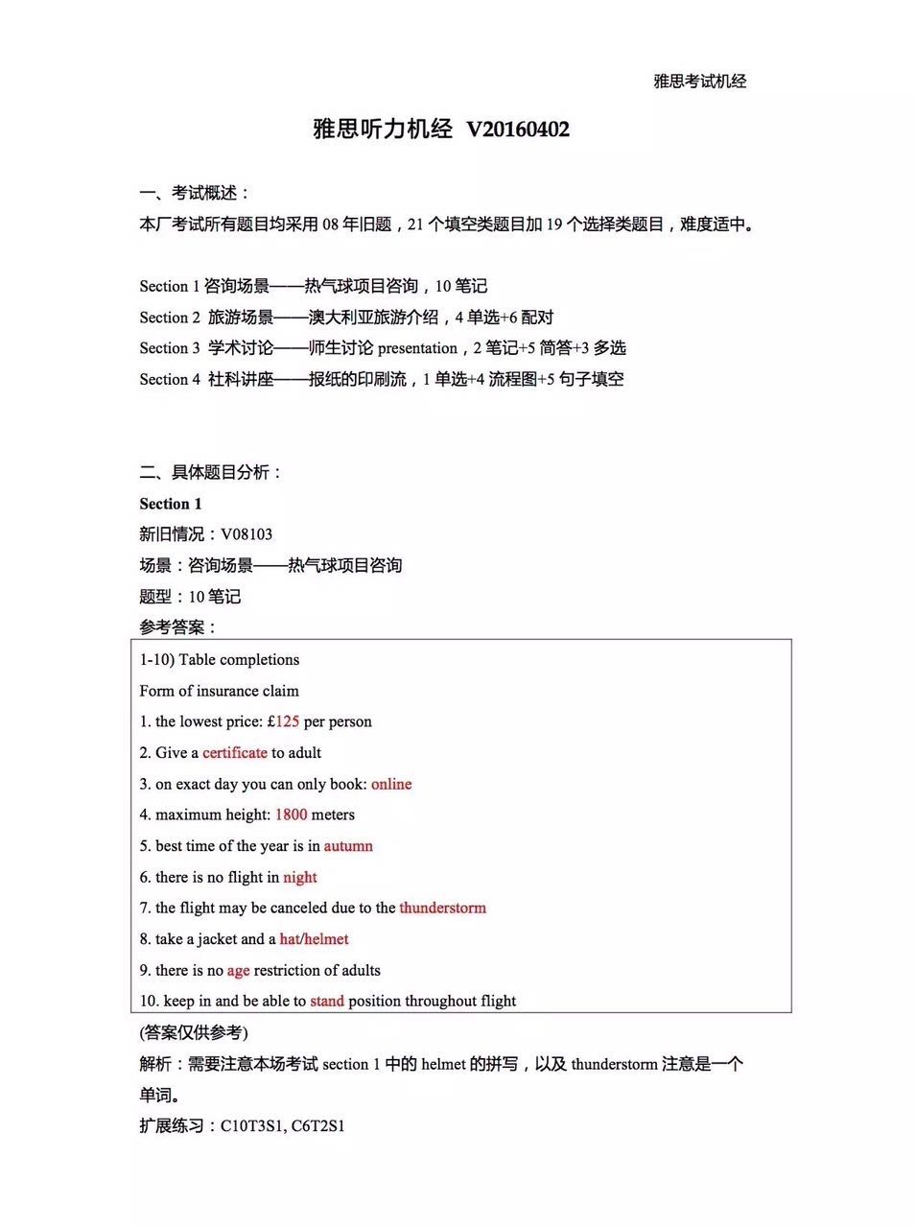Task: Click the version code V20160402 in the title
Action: [518, 130]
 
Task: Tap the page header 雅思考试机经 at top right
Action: [699, 82]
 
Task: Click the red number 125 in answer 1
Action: [287, 721]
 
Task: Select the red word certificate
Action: [234, 753]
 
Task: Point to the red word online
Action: [391, 784]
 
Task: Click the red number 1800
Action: [291, 815]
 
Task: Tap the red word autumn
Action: [348, 846]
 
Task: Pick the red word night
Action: [299, 877]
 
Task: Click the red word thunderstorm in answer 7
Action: [442, 908]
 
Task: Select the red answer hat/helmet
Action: [314, 939]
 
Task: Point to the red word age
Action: [238, 970]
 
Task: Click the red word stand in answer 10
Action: [326, 1001]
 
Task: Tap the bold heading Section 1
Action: [171, 504]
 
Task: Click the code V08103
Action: [246, 534]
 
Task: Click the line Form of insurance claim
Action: [219, 691]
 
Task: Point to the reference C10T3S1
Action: [252, 1125]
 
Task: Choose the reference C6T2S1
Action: [317, 1125]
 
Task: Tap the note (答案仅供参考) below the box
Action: [194, 1032]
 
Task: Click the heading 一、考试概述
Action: [195, 193]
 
